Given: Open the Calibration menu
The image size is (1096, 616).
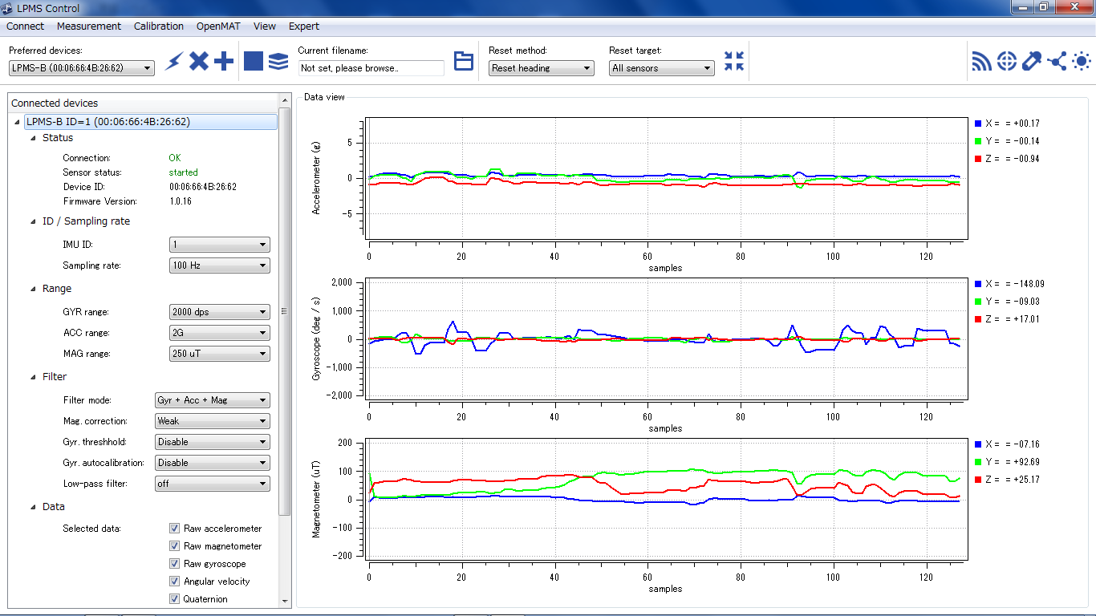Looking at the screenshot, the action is coord(159,26).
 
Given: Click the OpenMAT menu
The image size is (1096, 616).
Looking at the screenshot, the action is coord(218,26).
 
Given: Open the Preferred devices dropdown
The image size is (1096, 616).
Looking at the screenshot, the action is coord(82,68).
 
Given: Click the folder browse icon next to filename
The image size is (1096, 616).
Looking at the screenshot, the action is coord(463,61).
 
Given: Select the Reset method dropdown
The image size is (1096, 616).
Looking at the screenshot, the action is coord(541,68).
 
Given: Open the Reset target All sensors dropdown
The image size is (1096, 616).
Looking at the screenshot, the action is coord(661,68).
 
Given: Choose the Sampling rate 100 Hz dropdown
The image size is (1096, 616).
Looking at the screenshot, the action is coord(219,265).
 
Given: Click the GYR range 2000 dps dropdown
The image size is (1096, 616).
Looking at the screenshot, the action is coord(219,312).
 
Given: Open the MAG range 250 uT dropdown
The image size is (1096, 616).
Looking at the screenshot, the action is coord(219,354).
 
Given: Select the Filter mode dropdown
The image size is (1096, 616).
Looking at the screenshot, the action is coord(213,400).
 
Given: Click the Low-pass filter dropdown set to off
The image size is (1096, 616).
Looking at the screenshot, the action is coord(213,484).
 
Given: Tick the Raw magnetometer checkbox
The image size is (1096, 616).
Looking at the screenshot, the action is coord(174,546).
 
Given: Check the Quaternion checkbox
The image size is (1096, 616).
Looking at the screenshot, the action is coord(174,599).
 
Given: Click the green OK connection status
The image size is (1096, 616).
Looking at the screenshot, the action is coord(175,158).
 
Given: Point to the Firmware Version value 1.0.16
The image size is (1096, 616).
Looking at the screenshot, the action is coord(181,201).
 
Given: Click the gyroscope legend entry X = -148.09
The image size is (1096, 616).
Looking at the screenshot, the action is coord(1009,284).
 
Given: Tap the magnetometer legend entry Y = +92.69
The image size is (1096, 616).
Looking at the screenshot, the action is coord(1007,462).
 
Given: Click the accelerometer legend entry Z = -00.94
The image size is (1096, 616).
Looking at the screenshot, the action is coord(1007,159).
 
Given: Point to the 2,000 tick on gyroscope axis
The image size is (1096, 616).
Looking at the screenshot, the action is coord(342,282).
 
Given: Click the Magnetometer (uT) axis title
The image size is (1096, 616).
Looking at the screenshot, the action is coord(316,499).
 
